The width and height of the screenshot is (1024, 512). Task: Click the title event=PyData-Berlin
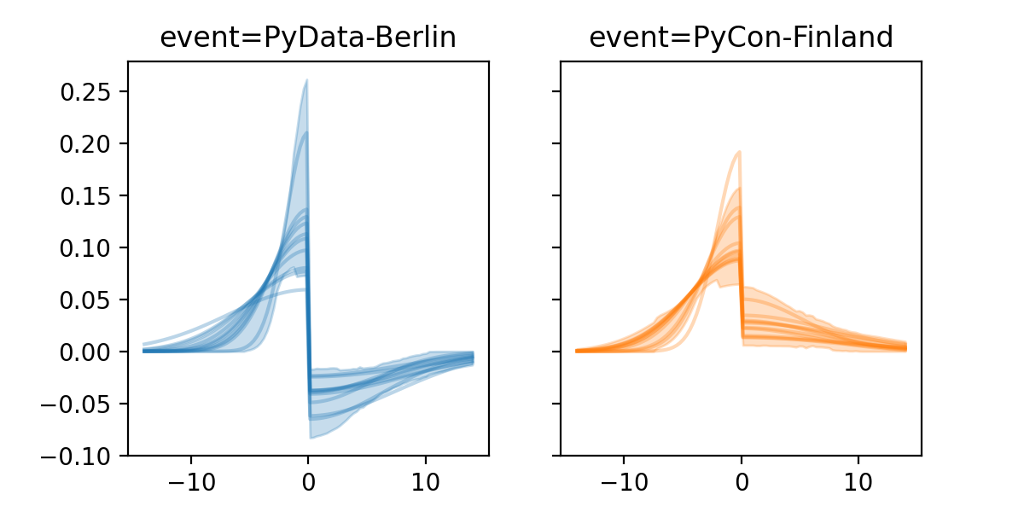[x=308, y=38]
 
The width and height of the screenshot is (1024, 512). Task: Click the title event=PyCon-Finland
[x=741, y=38]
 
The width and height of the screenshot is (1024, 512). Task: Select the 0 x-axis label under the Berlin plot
[x=308, y=480]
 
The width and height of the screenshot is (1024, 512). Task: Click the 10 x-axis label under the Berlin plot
[x=425, y=480]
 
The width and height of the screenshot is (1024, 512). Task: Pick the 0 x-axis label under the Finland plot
[x=741, y=480]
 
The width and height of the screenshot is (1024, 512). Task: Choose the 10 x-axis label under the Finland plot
[x=858, y=480]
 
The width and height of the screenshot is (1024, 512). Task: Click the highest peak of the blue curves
[x=306, y=81]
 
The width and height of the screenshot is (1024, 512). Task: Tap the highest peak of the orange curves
[x=739, y=153]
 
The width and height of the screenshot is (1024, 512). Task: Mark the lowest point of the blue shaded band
[x=311, y=438]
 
